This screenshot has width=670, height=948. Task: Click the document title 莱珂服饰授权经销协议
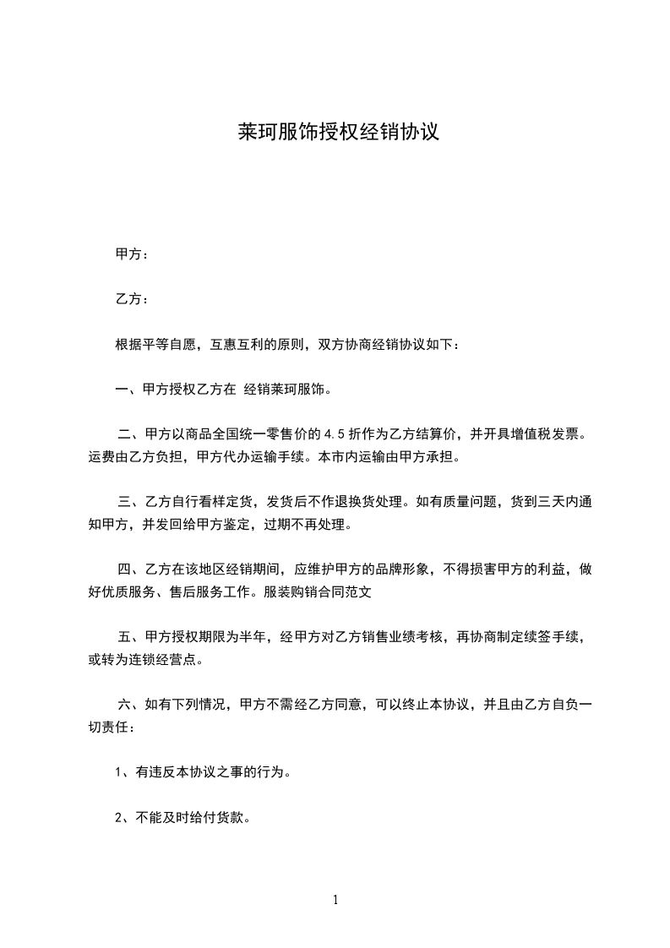click(x=336, y=133)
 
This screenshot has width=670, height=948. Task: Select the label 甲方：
click(x=132, y=254)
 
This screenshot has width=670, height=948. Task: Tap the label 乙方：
click(x=132, y=299)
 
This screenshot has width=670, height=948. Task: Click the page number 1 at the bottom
click(x=335, y=900)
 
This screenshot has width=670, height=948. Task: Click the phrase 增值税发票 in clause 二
click(x=541, y=435)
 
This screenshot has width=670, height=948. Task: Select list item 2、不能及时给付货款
click(x=181, y=818)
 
